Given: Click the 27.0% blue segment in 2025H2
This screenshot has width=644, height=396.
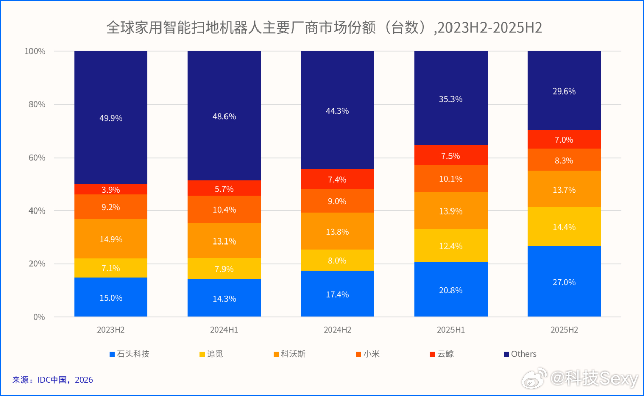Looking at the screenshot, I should (x=564, y=282).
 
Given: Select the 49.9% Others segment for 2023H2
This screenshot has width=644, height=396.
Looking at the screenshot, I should (x=111, y=118).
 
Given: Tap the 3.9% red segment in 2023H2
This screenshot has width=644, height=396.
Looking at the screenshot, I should (x=111, y=190).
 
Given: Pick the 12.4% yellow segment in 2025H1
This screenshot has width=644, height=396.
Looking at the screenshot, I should (x=450, y=246).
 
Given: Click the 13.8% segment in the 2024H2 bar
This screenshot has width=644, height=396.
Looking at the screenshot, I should (x=337, y=231).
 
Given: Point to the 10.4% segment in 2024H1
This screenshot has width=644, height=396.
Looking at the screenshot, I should (x=224, y=209).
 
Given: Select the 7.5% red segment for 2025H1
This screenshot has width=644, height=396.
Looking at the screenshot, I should (x=450, y=156).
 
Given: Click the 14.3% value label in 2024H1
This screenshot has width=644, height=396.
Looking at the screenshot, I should (x=224, y=299).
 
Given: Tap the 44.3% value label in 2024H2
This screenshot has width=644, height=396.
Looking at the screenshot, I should (x=337, y=110).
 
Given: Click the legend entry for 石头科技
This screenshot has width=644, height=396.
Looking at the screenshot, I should (x=129, y=354).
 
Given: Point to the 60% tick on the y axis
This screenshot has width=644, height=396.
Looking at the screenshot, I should (x=35, y=158).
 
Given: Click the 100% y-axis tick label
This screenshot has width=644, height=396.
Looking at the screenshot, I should (x=35, y=51).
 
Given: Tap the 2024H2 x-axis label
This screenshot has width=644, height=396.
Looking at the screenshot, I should (x=337, y=330).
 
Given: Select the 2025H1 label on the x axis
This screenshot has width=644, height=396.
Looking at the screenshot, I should (x=450, y=330).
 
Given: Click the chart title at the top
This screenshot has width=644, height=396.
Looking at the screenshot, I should (x=324, y=27).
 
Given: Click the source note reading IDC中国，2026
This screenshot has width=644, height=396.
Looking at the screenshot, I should (x=53, y=380).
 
